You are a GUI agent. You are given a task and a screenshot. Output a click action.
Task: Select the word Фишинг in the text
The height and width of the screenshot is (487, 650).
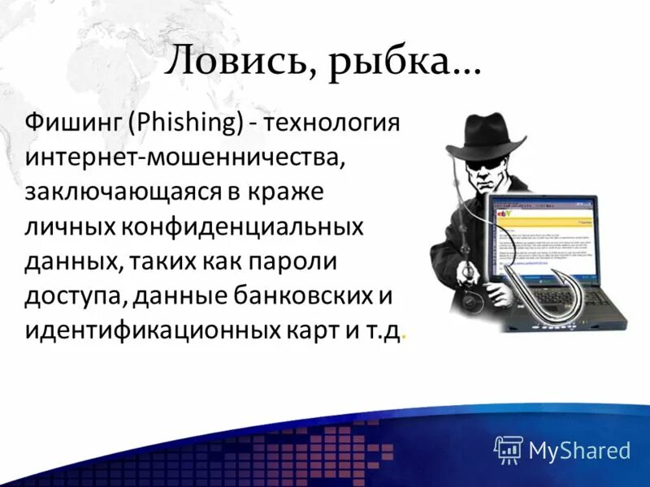click(x=71, y=124)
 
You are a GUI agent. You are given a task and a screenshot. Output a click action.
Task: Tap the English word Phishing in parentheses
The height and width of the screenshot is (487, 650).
click(x=186, y=124)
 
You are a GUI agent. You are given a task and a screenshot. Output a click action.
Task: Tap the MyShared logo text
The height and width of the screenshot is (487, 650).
click(x=579, y=449)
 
